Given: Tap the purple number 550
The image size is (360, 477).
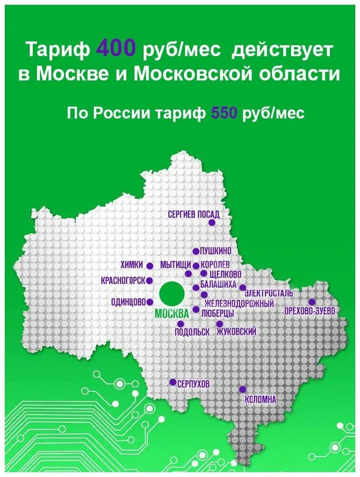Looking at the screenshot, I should [x=224, y=113].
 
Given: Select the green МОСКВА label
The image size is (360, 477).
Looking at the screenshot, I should [x=172, y=314].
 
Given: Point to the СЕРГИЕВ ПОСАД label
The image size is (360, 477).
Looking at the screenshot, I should [x=194, y=215].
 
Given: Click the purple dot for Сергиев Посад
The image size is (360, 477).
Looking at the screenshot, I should [x=212, y=222].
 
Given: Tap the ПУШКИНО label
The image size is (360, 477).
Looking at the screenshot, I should [x=215, y=251].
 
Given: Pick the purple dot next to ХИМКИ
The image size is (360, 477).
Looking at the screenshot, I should [x=149, y=266].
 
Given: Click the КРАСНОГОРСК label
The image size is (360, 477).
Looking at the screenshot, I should [x=123, y=281].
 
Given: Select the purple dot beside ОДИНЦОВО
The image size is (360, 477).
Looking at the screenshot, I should [x=150, y=302].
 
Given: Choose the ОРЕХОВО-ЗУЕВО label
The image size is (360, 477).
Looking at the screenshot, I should [x=310, y=311].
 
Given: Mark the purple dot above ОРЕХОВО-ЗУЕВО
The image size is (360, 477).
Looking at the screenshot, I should [x=311, y=302].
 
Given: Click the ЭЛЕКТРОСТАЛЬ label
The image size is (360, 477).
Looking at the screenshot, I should [x=269, y=293].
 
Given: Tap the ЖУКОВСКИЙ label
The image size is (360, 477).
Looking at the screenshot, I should [x=236, y=332].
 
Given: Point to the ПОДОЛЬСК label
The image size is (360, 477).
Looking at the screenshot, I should [x=192, y=332].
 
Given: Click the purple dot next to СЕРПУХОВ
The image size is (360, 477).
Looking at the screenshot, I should [x=173, y=382].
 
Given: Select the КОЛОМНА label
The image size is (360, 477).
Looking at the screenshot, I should [x=260, y=400].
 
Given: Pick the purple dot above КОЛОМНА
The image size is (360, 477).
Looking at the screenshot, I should [x=243, y=389].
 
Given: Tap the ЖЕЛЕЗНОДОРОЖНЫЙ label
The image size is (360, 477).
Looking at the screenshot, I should [x=239, y=303].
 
